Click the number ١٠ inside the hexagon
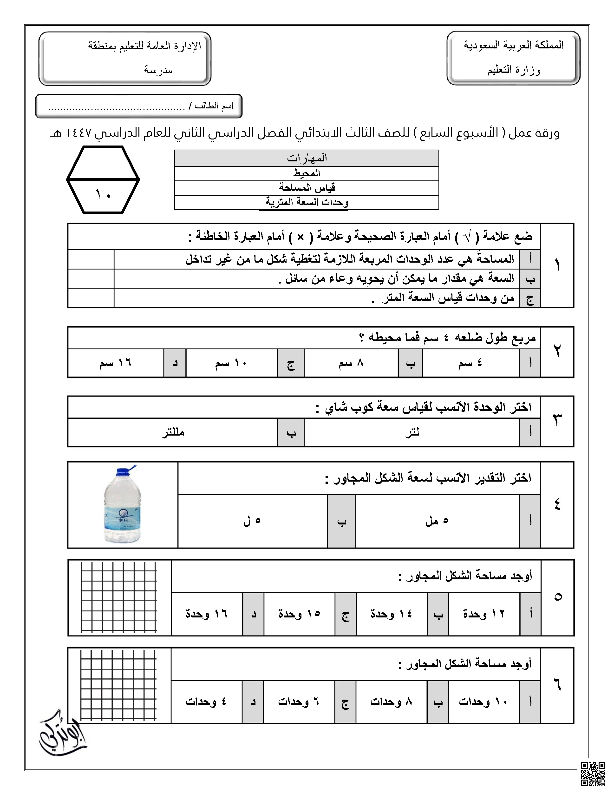(103, 195)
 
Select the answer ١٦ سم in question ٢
(115, 363)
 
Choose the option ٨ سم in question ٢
(351, 363)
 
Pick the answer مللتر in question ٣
(173, 432)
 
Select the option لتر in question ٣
(412, 432)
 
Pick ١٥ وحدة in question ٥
(299, 614)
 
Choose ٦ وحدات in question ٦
(299, 702)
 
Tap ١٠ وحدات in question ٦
(483, 702)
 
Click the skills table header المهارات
(307, 158)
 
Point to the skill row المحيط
(307, 173)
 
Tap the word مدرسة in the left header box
(158, 70)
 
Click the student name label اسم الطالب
(214, 106)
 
